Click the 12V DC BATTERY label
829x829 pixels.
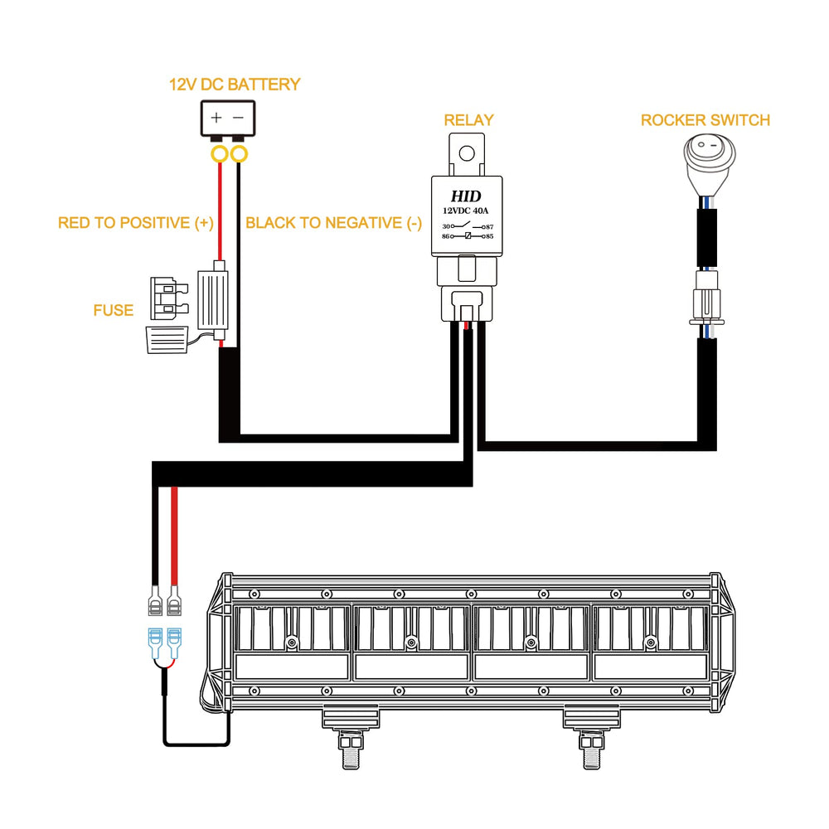[x=235, y=85]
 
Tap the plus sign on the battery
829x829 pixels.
[x=216, y=118]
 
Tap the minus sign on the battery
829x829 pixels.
[x=239, y=118]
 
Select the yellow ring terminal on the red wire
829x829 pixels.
[x=220, y=154]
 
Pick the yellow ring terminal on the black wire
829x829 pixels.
[x=239, y=154]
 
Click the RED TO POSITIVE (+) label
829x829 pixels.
[x=136, y=222]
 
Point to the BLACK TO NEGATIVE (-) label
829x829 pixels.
[x=333, y=222]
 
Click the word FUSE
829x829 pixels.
[x=113, y=310]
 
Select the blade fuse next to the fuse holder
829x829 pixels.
[x=169, y=298]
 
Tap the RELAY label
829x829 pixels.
[x=468, y=120]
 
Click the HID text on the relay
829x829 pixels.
[x=466, y=196]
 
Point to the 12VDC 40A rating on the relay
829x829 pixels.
[x=465, y=211]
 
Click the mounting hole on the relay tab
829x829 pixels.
[x=467, y=153]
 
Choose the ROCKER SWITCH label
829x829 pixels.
[x=705, y=120]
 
